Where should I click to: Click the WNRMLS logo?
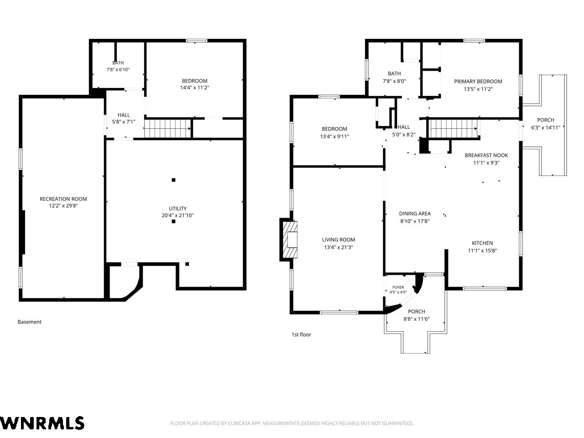click(x=42, y=423)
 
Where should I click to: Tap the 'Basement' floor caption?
click(x=30, y=322)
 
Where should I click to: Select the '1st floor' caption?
click(x=301, y=334)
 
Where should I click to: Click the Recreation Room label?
click(x=63, y=199)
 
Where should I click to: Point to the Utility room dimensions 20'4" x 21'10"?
click(x=177, y=215)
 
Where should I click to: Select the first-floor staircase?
click(x=454, y=129)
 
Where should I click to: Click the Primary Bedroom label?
click(x=478, y=81)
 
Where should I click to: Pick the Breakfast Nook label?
click(x=486, y=155)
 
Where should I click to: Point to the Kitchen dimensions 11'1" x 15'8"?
click(x=482, y=250)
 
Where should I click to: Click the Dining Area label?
click(x=415, y=214)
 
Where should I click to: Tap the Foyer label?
click(x=398, y=287)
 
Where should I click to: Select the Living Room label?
click(x=339, y=240)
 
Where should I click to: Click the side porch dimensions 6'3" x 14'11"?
click(x=546, y=128)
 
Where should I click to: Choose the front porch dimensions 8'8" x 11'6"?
click(x=417, y=319)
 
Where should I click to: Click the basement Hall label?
click(x=124, y=115)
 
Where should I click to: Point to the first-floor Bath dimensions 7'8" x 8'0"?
click(x=394, y=81)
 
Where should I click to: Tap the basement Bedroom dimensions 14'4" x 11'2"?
click(x=195, y=88)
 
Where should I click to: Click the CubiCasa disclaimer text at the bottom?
click(x=292, y=423)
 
